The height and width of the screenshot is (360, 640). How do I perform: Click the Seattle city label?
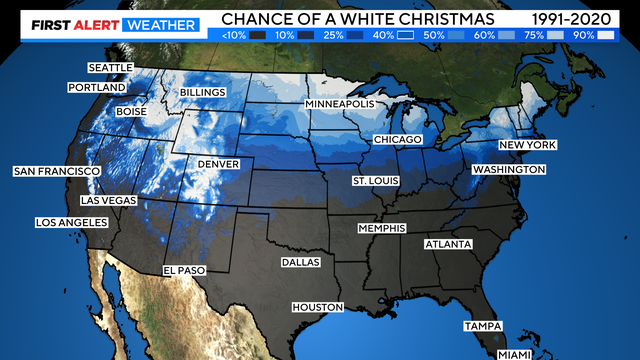click(x=110, y=68)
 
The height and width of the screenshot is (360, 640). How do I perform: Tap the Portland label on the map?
click(x=97, y=88)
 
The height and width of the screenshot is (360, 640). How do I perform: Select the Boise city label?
click(x=131, y=112)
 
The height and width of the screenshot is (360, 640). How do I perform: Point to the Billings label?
click(x=204, y=93)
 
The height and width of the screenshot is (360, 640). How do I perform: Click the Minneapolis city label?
click(x=339, y=104)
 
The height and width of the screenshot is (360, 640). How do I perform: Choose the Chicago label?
click(x=397, y=139)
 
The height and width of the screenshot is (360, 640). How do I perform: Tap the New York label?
click(x=527, y=145)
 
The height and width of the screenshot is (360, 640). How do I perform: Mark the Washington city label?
click(x=508, y=170)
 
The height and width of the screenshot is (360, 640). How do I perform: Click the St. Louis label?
click(x=374, y=181)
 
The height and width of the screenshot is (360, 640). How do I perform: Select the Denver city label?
click(x=218, y=163)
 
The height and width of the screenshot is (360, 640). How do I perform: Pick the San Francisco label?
click(x=57, y=172)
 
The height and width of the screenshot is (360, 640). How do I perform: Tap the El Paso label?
click(x=184, y=270)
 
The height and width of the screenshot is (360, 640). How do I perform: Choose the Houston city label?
click(x=317, y=307)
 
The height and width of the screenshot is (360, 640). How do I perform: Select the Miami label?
click(x=517, y=353)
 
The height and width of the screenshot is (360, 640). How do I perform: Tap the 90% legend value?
click(x=583, y=34)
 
